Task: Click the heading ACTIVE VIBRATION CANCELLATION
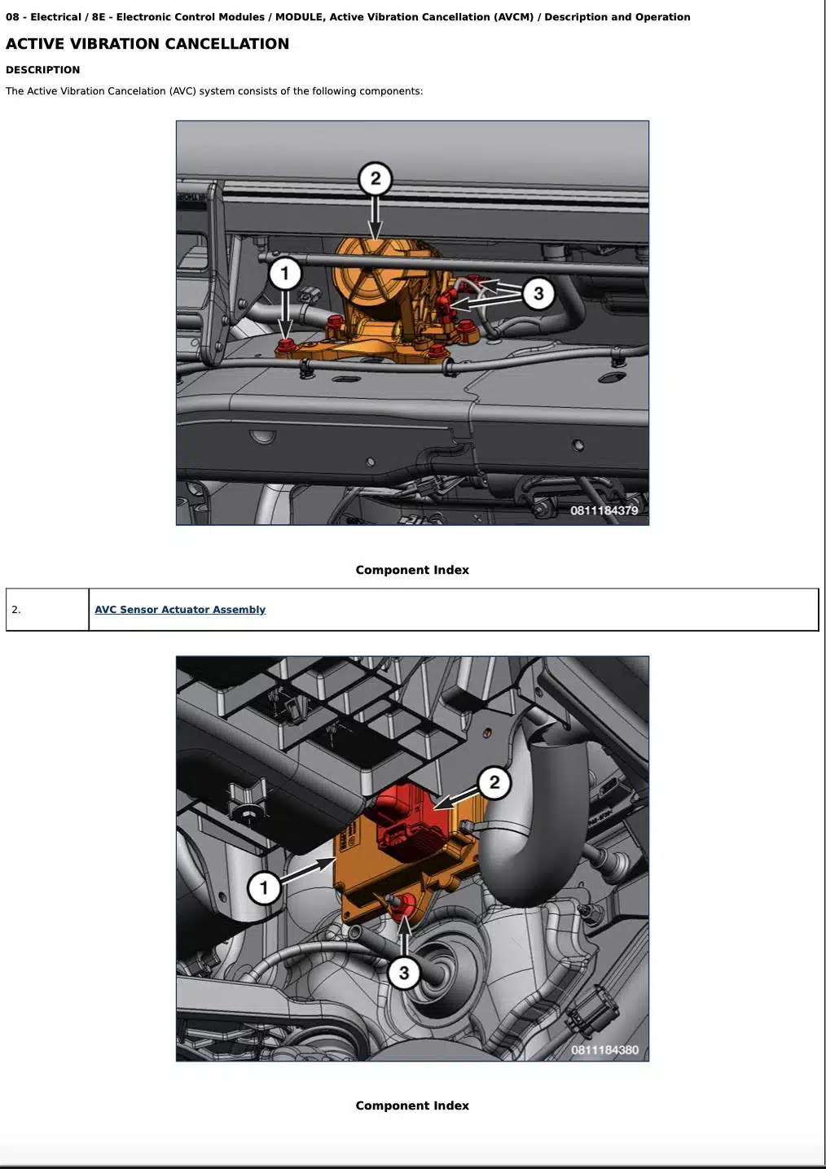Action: click(x=147, y=44)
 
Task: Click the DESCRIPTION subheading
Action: click(x=43, y=70)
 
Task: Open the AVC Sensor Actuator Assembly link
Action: click(x=180, y=609)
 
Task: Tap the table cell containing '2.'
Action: click(x=47, y=610)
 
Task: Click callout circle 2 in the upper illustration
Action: click(x=376, y=179)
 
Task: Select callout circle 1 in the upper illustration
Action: click(x=284, y=274)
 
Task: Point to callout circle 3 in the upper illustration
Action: click(x=538, y=293)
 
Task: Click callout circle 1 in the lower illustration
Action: click(x=264, y=887)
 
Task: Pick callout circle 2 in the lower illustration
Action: click(x=494, y=782)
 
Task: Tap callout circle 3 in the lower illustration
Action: click(x=403, y=974)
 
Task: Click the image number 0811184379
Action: click(x=604, y=510)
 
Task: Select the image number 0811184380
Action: click(x=604, y=1050)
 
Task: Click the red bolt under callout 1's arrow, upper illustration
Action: click(x=286, y=345)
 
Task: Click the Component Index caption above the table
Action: click(x=412, y=570)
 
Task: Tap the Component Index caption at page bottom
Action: click(x=412, y=1106)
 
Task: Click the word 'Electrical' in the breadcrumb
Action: click(x=55, y=17)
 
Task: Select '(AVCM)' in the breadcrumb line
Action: click(x=514, y=17)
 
